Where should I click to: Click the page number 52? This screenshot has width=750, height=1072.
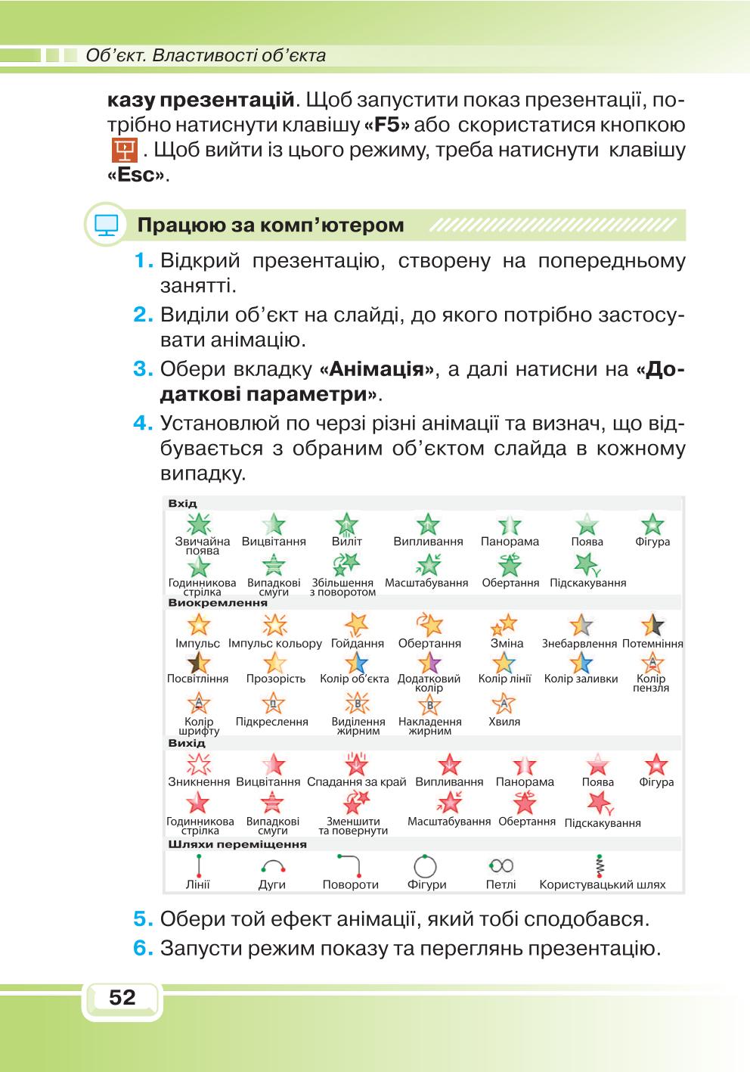[122, 998]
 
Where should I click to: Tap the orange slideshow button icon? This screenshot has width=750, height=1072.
[124, 151]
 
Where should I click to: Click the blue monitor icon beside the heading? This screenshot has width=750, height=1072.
[106, 225]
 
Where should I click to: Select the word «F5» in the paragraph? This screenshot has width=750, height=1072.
[386, 126]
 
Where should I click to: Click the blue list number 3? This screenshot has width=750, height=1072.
[143, 369]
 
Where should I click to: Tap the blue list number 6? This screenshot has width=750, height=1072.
[143, 948]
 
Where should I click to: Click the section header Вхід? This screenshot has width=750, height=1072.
[182, 503]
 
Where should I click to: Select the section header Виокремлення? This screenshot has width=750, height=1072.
[218, 602]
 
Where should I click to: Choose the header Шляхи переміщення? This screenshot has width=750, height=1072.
[237, 844]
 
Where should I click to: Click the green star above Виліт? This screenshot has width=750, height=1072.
[346, 524]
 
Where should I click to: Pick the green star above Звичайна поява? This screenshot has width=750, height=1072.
[199, 524]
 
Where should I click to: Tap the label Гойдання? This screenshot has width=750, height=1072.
[358, 644]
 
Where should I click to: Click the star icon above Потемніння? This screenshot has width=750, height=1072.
[652, 625]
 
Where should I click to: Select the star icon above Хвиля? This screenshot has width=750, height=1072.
[504, 703]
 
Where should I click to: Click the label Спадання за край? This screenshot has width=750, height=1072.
[356, 782]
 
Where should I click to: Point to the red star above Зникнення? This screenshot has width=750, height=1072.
[199, 764]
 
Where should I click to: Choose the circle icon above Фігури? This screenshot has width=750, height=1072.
[425, 866]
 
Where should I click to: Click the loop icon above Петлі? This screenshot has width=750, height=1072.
[501, 865]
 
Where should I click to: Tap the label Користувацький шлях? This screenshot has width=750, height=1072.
[603, 884]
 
